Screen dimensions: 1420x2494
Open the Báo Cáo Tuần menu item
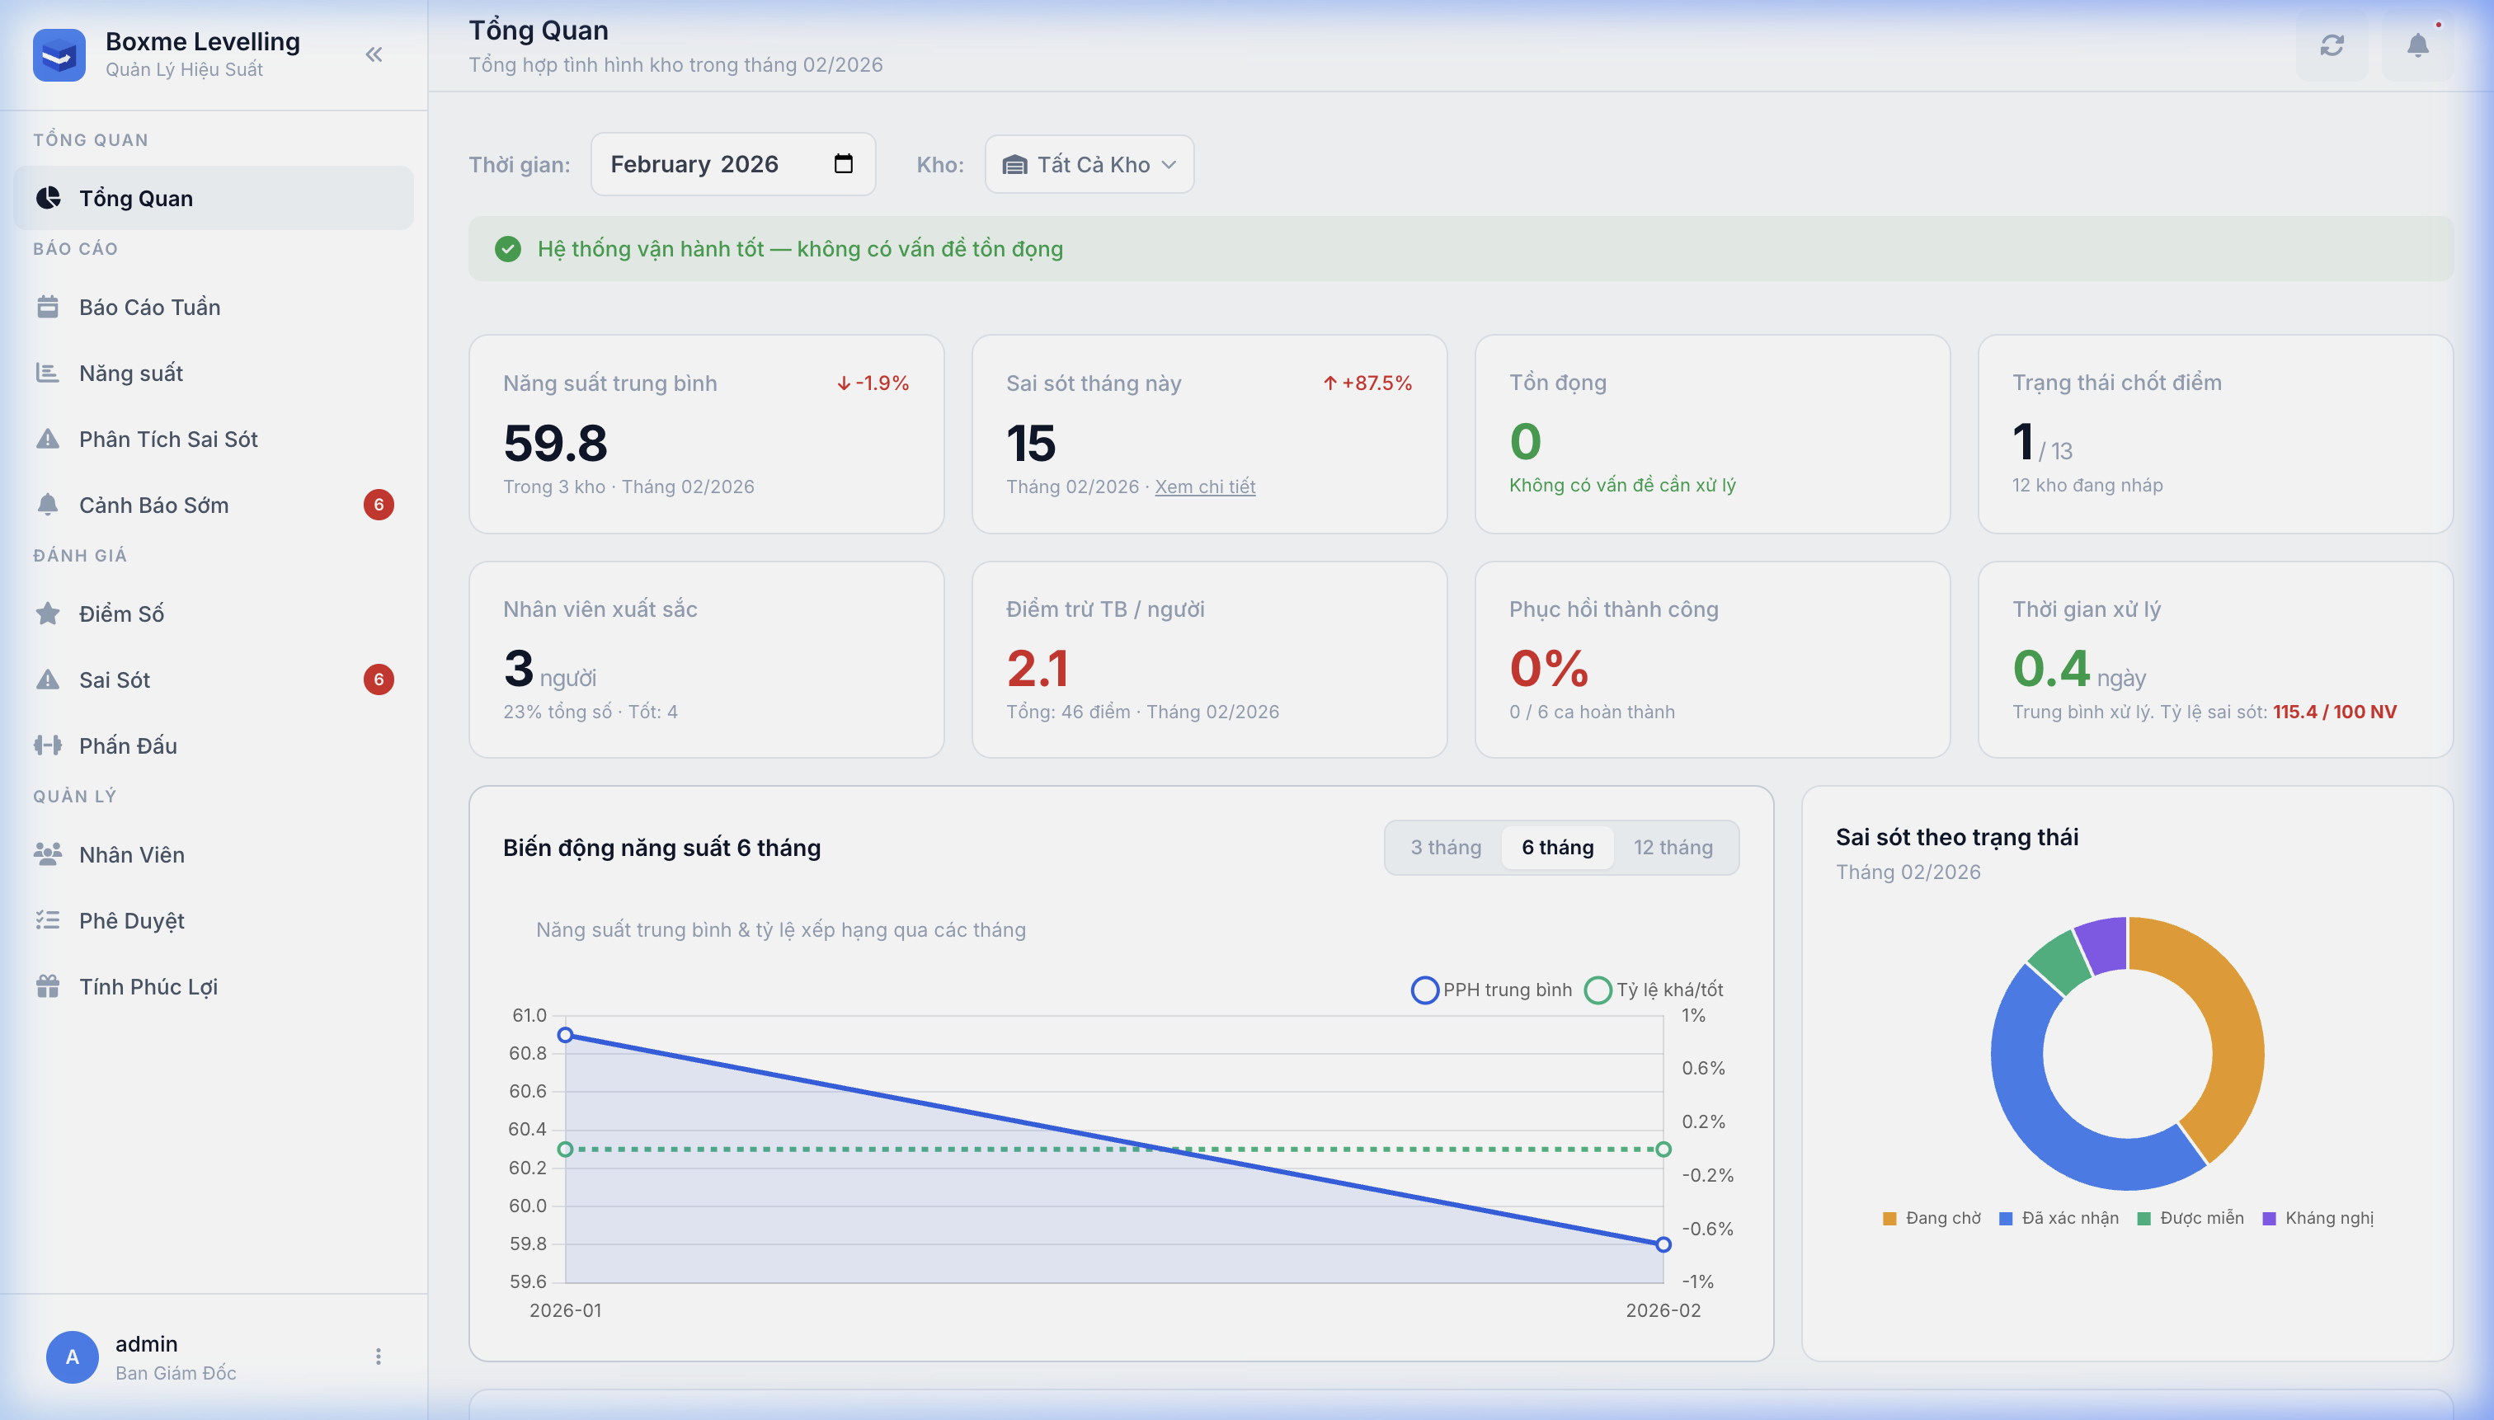pyautogui.click(x=149, y=308)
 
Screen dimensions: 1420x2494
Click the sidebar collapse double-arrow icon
pyautogui.click(x=374, y=54)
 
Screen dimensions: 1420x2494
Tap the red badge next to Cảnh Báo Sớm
pyautogui.click(x=379, y=505)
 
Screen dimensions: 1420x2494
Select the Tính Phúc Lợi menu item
pyautogui.click(x=148, y=987)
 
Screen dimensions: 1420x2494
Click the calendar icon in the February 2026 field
pyautogui.click(x=844, y=164)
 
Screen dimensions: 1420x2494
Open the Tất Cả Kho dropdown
pyautogui.click(x=1089, y=165)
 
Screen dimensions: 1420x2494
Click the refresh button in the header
pyautogui.click(x=2331, y=46)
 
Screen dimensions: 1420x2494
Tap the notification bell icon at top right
pyautogui.click(x=2417, y=46)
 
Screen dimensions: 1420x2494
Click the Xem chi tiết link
pyautogui.click(x=1205, y=487)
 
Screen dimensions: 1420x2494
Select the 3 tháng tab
pyautogui.click(x=1446, y=848)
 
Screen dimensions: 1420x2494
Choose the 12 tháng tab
pyautogui.click(x=1673, y=848)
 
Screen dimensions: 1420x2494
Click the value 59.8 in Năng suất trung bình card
pyautogui.click(x=555, y=444)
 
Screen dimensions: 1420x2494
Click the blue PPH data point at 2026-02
pyautogui.click(x=1663, y=1244)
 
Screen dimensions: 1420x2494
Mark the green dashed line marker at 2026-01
pyautogui.click(x=566, y=1150)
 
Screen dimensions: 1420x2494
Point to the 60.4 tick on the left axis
pyautogui.click(x=528, y=1130)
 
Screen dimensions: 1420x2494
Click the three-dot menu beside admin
pyautogui.click(x=379, y=1357)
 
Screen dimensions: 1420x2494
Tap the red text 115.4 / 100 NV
pyautogui.click(x=2334, y=712)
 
